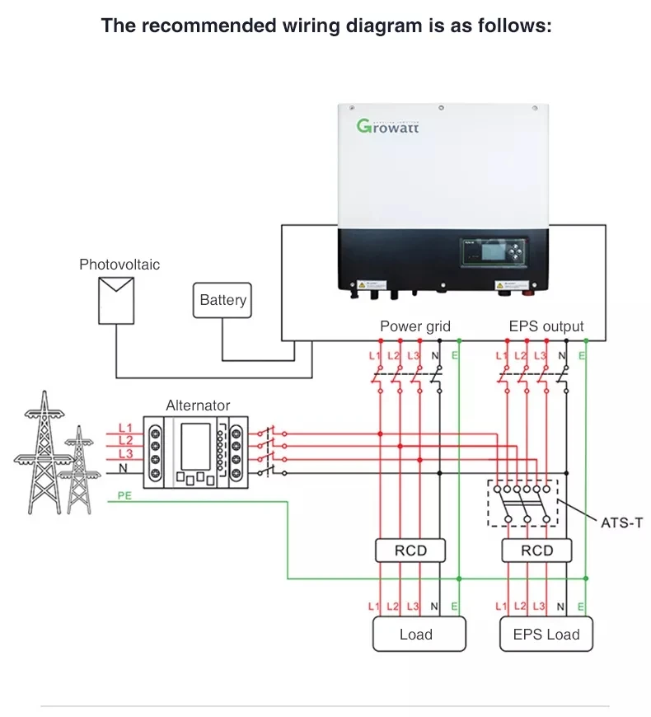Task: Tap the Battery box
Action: point(222,301)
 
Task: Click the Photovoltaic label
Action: point(119,265)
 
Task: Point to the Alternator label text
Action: point(198,405)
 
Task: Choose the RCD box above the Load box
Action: point(410,551)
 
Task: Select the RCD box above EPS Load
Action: point(537,551)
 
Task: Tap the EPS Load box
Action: point(546,635)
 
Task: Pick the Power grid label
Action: point(415,326)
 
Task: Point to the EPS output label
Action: point(546,326)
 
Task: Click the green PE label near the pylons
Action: point(124,495)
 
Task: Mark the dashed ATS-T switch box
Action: point(523,503)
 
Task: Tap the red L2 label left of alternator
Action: point(125,441)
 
